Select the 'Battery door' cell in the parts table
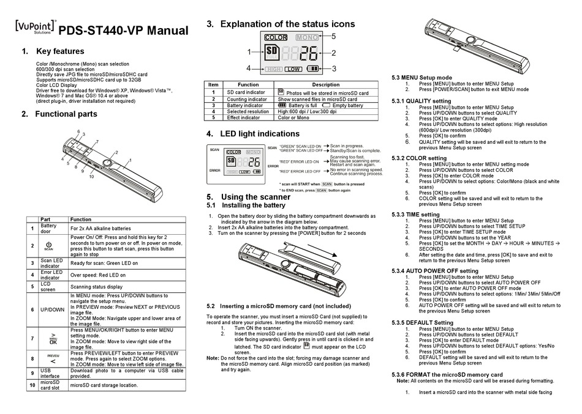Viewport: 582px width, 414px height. (x=48, y=229)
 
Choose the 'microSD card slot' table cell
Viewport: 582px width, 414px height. (x=50, y=385)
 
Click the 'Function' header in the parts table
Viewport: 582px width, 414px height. (x=80, y=219)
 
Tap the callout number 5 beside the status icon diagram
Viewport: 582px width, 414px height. (x=333, y=36)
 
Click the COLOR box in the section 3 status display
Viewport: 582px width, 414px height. (x=276, y=38)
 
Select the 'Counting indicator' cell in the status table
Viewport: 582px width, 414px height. (x=248, y=98)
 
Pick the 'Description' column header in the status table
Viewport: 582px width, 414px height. (x=325, y=85)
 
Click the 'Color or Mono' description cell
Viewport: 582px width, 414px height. (x=293, y=118)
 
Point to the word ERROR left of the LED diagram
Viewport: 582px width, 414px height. (x=214, y=171)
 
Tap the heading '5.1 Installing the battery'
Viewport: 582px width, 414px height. (x=246, y=205)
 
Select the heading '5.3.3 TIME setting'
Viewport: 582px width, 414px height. (x=415, y=215)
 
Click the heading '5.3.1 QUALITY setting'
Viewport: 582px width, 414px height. (x=421, y=101)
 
